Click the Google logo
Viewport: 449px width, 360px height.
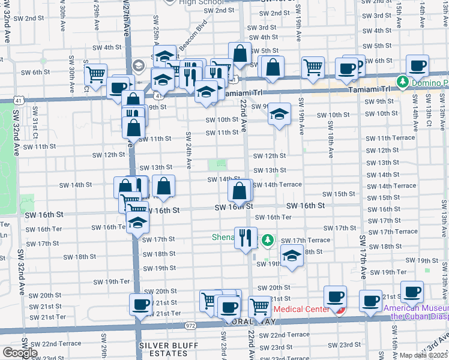[20, 353]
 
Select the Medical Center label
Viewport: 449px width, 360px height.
[301, 310]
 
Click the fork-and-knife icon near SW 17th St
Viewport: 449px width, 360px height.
[246, 238]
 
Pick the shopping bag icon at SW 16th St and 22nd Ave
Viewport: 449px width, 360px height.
[240, 191]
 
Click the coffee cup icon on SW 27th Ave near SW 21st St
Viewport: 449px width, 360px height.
[141, 304]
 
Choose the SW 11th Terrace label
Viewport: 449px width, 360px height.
[395, 138]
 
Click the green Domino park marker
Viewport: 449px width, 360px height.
[402, 82]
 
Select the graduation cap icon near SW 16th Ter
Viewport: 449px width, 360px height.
[138, 223]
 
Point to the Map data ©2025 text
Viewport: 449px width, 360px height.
[423, 355]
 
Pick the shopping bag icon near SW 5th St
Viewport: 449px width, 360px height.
[240, 53]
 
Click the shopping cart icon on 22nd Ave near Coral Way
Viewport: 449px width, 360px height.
[260, 306]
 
